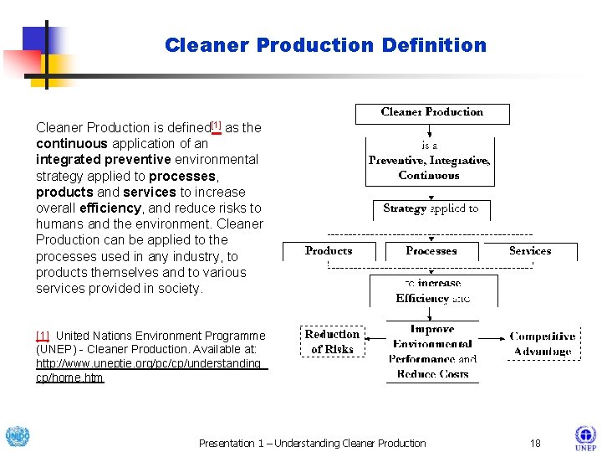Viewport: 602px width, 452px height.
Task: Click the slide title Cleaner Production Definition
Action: pos(325,45)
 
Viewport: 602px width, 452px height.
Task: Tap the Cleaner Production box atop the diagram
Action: pos(431,112)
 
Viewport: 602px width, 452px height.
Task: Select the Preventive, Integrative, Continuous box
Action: pos(430,161)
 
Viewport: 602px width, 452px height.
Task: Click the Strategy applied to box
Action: pos(431,208)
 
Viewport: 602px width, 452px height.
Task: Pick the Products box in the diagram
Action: pos(329,250)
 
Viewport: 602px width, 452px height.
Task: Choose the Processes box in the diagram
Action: pos(431,250)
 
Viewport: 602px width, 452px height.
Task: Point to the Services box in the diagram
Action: pos(530,250)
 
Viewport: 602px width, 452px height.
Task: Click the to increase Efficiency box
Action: pos(432,290)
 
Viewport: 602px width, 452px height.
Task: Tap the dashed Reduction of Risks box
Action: pos(332,341)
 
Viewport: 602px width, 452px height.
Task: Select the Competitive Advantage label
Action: pos(543,343)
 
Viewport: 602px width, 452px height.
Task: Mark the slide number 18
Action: pos(535,443)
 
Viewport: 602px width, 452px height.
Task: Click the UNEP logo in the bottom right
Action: pos(584,438)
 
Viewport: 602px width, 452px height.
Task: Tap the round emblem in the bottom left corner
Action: pos(17,437)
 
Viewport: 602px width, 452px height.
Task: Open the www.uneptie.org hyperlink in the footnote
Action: pos(150,370)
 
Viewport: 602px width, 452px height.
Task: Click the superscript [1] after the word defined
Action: pos(216,126)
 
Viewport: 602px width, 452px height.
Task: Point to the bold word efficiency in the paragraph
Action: pos(110,208)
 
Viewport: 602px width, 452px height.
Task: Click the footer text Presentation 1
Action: pos(312,443)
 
